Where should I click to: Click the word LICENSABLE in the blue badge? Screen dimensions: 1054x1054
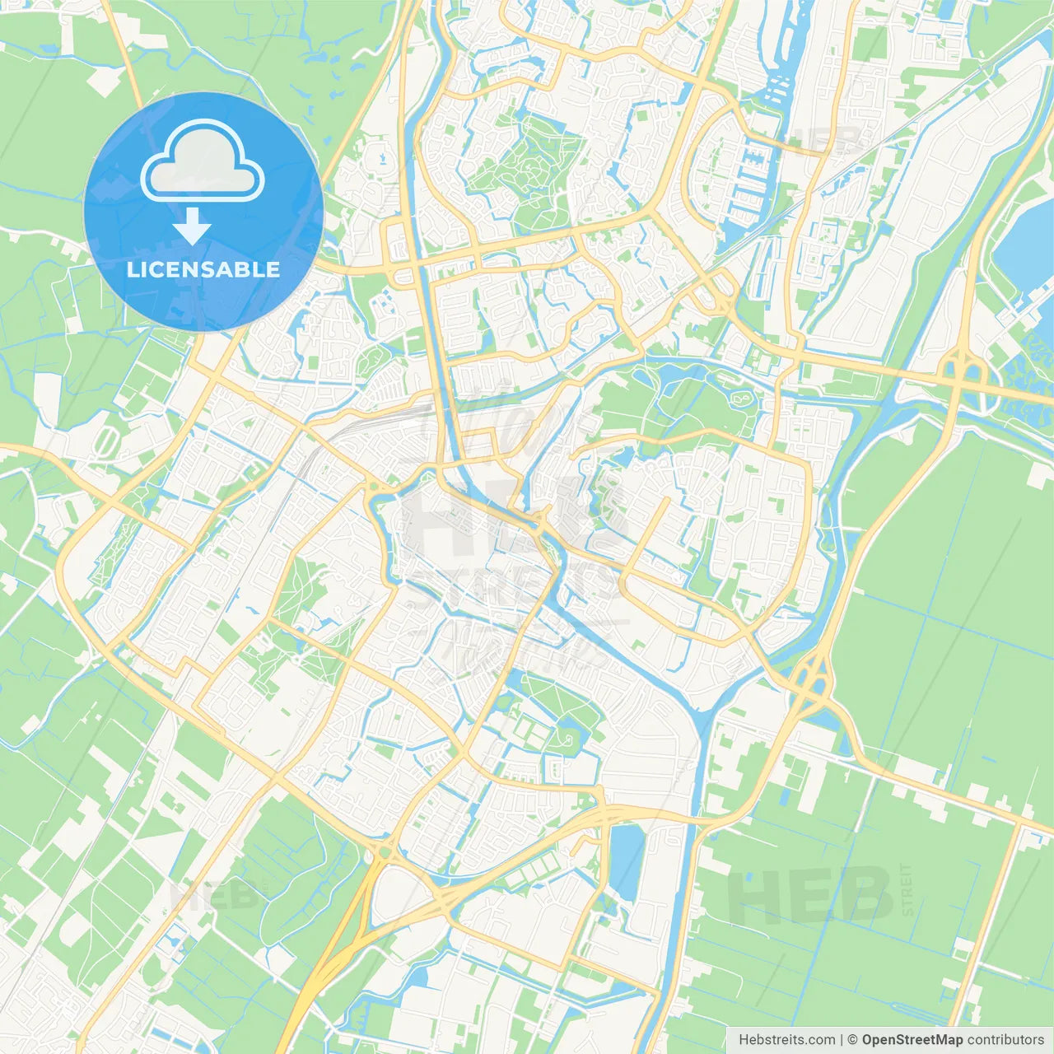coord(203,269)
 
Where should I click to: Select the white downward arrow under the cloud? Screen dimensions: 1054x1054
coord(192,226)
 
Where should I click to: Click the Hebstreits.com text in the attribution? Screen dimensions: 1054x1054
coord(786,1040)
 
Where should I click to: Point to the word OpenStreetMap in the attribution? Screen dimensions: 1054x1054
coord(912,1040)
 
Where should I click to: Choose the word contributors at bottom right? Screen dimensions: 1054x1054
coord(1005,1040)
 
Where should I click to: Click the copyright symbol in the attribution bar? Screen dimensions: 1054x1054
coord(852,1040)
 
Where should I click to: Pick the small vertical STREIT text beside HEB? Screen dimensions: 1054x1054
coord(907,889)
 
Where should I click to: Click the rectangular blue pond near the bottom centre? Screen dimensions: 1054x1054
coord(627,860)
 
